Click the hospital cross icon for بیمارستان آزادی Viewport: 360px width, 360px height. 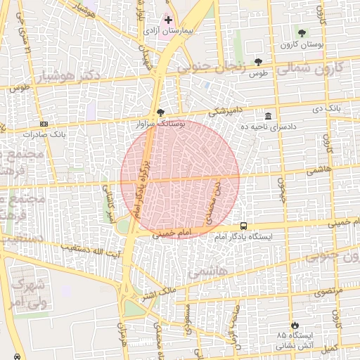168,20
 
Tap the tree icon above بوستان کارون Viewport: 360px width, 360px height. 302,33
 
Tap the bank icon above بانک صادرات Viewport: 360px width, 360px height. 44,123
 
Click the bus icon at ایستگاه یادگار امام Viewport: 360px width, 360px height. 243,226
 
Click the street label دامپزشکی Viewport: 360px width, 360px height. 227,111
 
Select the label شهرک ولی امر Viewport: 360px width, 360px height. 29,293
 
